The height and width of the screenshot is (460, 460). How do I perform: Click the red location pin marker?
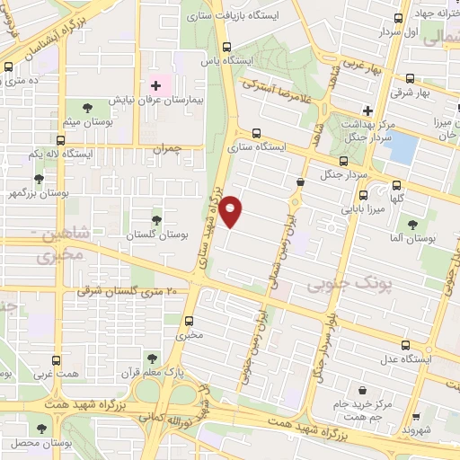coord(232,211)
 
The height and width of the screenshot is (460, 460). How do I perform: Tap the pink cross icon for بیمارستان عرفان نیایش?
coord(155,86)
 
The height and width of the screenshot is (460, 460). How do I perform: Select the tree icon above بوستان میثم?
coord(87,108)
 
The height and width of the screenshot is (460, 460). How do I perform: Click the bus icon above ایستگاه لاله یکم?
coord(60,141)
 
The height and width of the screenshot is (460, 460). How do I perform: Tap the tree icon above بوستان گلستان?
coord(157,218)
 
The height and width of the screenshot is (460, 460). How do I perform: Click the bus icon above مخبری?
coord(190,319)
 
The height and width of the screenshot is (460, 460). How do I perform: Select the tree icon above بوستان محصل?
coord(41,429)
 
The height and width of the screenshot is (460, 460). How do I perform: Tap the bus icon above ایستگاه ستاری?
coord(258,131)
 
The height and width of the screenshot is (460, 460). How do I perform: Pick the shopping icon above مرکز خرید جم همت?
coord(361,390)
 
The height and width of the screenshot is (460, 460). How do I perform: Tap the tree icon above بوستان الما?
coord(413,226)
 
